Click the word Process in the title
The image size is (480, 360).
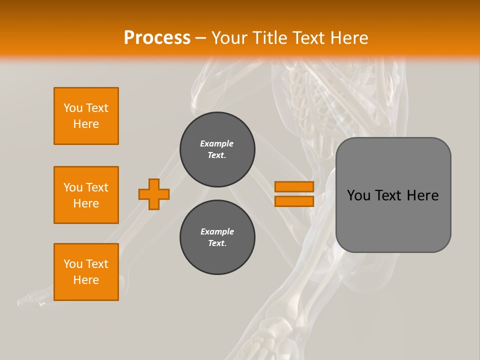point(157,38)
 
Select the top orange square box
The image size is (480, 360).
point(86,116)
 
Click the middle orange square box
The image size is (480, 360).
point(86,195)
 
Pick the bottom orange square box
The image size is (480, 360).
point(86,272)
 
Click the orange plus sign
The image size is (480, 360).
point(154,194)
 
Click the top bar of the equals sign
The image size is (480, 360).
point(294,186)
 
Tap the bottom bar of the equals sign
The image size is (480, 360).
point(294,201)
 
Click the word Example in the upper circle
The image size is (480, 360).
point(217,143)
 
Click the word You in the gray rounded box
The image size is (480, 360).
point(358,195)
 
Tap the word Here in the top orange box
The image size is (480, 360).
point(86,124)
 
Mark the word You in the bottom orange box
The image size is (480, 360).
point(73,264)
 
